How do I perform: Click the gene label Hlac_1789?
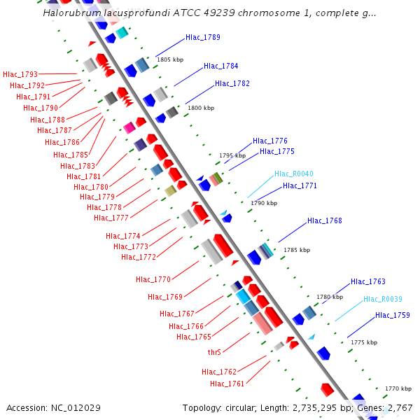[203, 38]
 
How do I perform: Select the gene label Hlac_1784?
[220, 66]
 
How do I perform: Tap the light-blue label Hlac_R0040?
[294, 174]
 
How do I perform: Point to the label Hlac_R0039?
[383, 299]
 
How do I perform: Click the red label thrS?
[214, 353]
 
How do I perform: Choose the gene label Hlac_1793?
[20, 74]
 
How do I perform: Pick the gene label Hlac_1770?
[153, 280]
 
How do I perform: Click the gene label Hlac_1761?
[227, 384]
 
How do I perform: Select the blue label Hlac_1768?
[325, 221]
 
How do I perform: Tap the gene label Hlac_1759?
[393, 316]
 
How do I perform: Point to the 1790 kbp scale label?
[264, 203]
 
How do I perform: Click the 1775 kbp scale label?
[364, 342]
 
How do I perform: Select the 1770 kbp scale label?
[398, 388]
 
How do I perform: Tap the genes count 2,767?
[399, 407]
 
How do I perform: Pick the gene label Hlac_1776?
[270, 141]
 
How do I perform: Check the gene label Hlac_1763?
[368, 282]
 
